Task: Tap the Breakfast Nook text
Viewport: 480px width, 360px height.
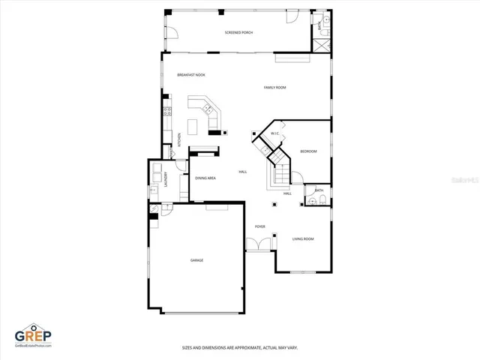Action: tap(190, 75)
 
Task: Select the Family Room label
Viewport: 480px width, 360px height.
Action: tap(274, 88)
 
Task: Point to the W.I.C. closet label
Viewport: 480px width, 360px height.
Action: tap(274, 134)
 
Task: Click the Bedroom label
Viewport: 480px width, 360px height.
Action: tap(308, 151)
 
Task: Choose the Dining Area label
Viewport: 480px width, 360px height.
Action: tap(205, 178)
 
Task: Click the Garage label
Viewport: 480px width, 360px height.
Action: tap(196, 260)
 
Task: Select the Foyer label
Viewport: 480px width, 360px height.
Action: tap(259, 226)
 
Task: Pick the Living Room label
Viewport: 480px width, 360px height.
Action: tap(303, 238)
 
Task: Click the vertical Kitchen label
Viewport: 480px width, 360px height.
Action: tap(179, 139)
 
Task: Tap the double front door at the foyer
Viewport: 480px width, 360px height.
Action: tap(259, 244)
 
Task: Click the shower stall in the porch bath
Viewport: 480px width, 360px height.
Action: tap(322, 43)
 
